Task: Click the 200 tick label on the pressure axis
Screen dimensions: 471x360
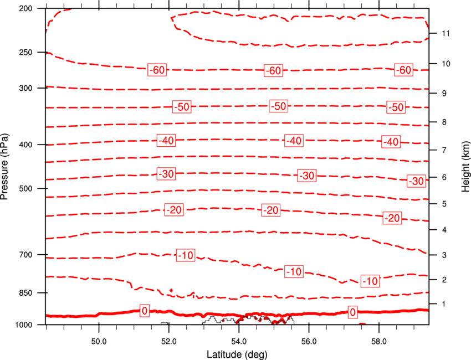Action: click(25, 8)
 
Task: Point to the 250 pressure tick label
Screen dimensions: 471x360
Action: click(25, 52)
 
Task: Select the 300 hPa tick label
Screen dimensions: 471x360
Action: click(25, 88)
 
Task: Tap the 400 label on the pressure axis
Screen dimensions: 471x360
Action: click(25, 145)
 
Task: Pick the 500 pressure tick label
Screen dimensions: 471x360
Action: click(25, 188)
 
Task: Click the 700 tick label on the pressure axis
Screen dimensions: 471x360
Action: click(25, 255)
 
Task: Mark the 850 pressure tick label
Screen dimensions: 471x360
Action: click(25, 293)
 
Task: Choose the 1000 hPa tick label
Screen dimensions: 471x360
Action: click(24, 325)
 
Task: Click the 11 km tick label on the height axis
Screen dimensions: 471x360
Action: click(446, 33)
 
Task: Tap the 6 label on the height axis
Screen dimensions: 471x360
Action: click(444, 177)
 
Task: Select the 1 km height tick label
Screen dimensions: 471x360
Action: click(444, 304)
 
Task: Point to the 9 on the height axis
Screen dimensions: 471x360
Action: click(444, 93)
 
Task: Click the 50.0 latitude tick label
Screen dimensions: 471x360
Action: click(99, 341)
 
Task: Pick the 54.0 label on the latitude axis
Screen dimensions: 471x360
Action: click(239, 341)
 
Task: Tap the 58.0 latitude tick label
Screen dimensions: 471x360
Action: click(379, 341)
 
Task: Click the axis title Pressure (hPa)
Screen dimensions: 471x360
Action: click(4, 167)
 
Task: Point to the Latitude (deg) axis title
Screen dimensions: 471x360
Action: click(237, 354)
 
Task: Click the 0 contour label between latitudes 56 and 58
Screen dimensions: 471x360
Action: click(352, 312)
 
